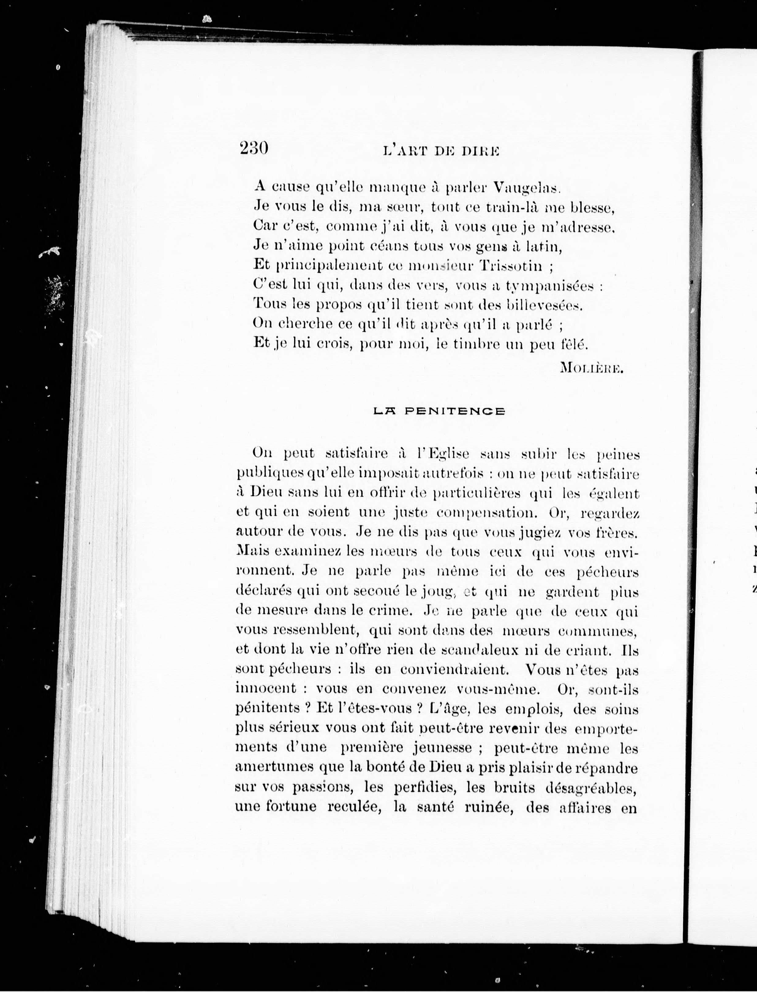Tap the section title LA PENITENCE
pos(440,411)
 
